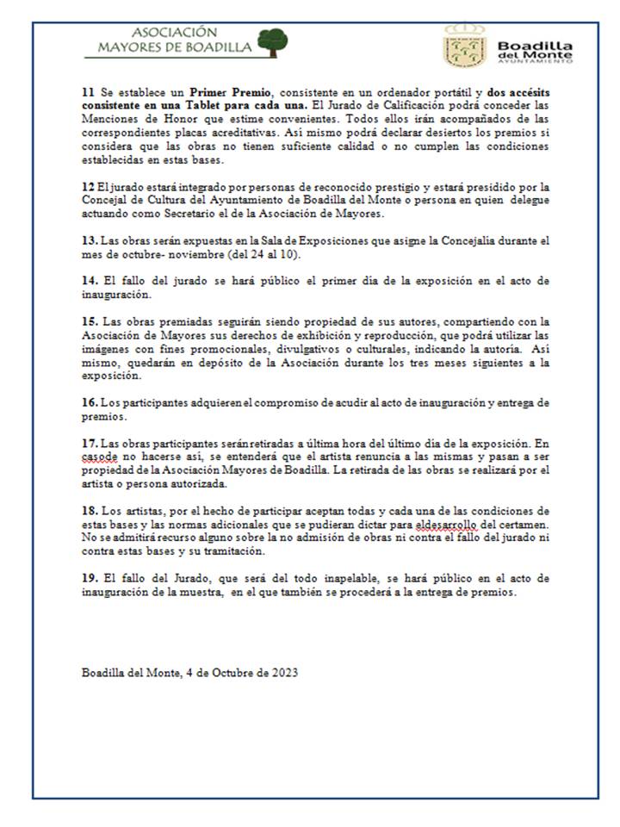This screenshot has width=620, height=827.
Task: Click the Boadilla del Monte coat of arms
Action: (x=465, y=45)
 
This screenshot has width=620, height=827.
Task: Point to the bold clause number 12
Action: (x=87, y=185)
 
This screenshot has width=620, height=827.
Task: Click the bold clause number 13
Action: (x=89, y=244)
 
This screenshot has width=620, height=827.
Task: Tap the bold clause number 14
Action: (x=89, y=281)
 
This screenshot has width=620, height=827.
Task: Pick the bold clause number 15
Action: (x=89, y=320)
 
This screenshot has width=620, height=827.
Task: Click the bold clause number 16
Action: (x=89, y=402)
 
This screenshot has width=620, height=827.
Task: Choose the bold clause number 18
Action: (x=89, y=510)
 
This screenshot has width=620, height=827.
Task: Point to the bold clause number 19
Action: (x=89, y=580)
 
